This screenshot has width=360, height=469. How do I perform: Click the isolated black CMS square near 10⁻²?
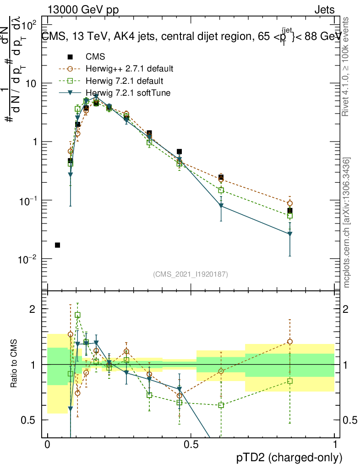pos(57,245)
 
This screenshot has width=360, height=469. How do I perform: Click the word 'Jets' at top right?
pos(324,10)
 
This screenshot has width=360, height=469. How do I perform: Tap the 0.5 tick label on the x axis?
pos(191,444)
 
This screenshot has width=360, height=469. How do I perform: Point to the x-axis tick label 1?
pos(335,444)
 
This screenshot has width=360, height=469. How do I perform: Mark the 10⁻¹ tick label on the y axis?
pos(30,200)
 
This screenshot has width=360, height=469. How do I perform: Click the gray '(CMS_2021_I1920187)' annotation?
pos(191,274)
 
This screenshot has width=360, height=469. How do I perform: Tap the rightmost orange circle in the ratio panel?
pos(290,342)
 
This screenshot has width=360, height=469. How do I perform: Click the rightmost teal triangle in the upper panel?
pos(290,234)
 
